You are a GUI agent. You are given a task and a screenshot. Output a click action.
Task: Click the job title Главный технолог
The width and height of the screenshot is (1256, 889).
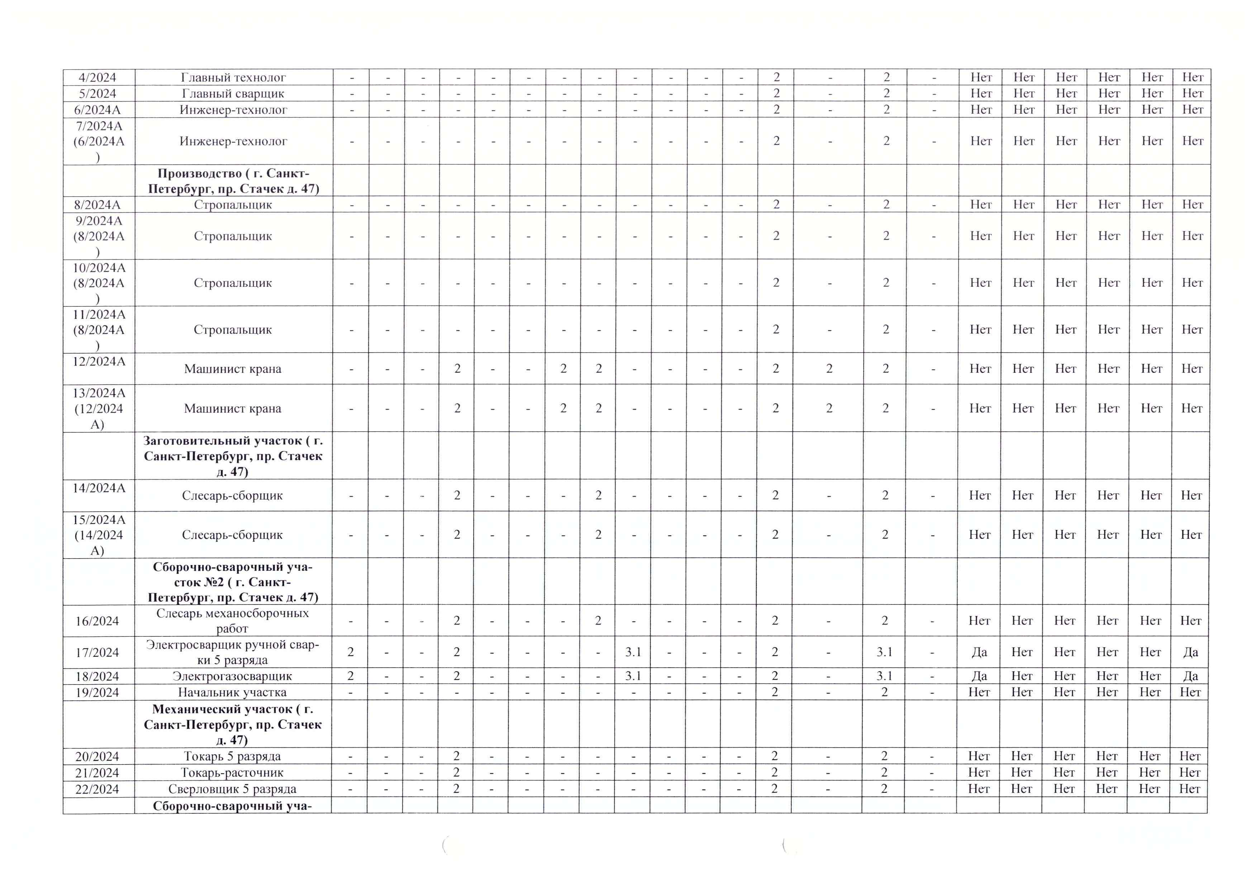click(233, 77)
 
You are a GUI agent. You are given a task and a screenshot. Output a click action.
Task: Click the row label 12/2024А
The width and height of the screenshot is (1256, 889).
click(99, 361)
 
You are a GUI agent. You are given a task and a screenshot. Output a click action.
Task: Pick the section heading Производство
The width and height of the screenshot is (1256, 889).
click(233, 181)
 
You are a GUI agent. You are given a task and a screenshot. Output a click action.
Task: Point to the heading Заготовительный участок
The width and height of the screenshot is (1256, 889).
click(233, 456)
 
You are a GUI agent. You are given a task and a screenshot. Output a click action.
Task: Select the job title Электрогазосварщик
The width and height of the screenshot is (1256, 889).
click(233, 676)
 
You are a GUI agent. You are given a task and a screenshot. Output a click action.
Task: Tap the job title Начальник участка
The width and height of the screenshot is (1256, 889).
click(233, 692)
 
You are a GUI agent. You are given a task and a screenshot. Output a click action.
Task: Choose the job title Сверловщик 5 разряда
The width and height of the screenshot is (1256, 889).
click(233, 789)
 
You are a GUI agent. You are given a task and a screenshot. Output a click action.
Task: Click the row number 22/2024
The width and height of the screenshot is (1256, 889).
click(97, 789)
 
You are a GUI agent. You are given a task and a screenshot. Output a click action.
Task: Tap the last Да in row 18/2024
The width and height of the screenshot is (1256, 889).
click(1190, 676)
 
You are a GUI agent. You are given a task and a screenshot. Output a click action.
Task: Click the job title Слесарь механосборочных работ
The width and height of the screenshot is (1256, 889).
click(233, 621)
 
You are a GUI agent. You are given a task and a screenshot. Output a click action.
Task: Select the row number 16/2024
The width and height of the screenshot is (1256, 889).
click(97, 621)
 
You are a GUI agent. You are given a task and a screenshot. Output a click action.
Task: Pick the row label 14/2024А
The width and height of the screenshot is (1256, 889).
click(99, 488)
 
